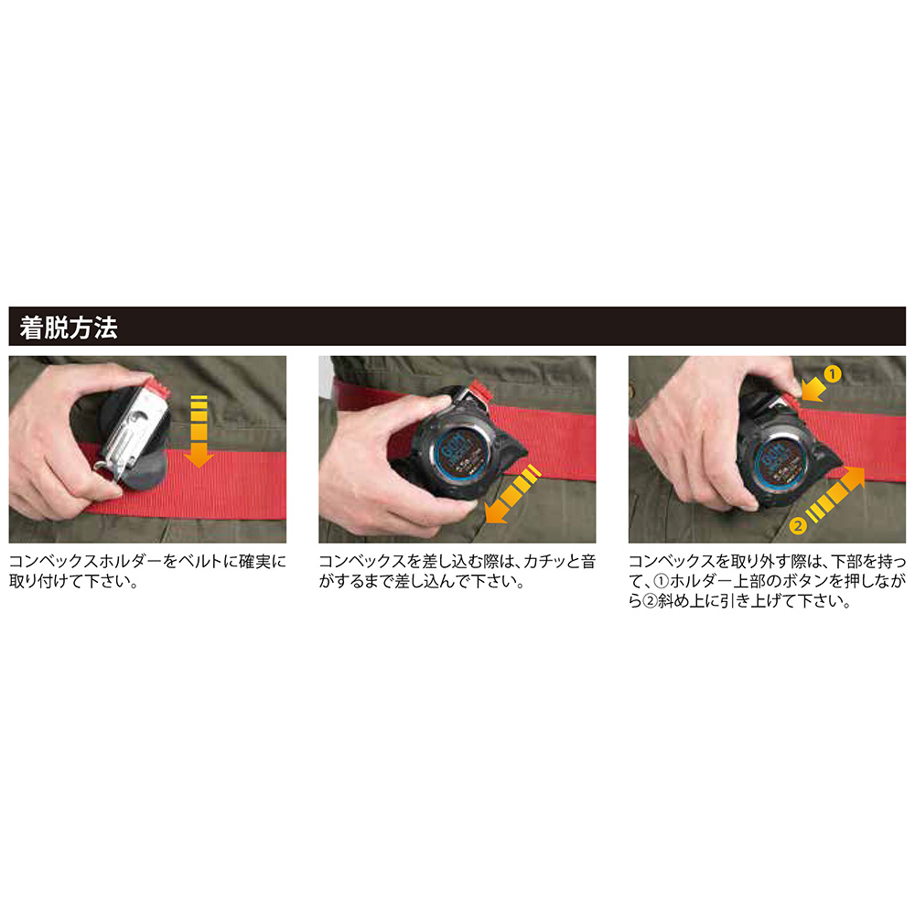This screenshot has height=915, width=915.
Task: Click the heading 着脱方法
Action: tap(69, 328)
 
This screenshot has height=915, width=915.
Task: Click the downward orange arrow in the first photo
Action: tap(199, 431)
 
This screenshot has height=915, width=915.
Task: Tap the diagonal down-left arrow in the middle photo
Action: tap(513, 494)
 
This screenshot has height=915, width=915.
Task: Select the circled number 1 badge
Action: tap(833, 373)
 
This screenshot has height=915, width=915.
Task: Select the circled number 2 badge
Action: tap(798, 526)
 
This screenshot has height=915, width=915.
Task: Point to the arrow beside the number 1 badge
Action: tap(814, 390)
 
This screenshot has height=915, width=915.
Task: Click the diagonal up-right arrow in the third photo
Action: tap(835, 494)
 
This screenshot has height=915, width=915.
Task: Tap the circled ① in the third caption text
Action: tap(662, 581)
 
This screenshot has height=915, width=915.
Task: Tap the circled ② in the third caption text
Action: tap(650, 601)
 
